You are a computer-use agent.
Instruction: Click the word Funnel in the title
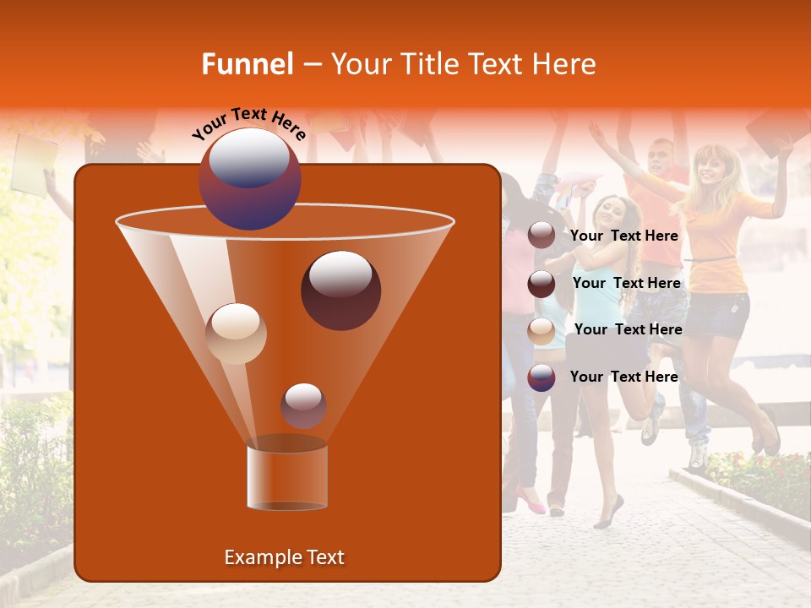coord(247,64)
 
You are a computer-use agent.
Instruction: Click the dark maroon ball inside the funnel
coord(340,290)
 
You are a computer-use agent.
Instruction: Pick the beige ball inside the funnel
coord(236,334)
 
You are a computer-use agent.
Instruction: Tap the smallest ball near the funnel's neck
coord(303,405)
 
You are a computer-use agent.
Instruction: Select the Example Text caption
coord(284,557)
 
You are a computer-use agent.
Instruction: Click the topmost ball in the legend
coord(542,236)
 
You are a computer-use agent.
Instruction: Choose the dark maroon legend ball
coord(542,284)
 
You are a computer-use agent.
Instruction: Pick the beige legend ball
coord(542,330)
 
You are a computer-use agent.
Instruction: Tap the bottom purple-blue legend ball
coord(542,377)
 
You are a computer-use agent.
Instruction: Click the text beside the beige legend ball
coord(628,329)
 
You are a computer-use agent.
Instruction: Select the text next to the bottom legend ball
coord(623,377)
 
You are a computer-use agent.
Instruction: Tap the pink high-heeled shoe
coord(531,503)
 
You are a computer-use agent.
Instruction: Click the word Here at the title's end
coord(566,64)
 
